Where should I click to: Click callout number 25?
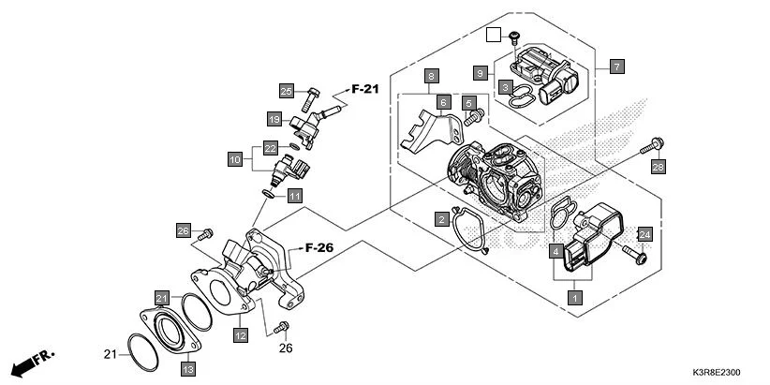click(x=287, y=91)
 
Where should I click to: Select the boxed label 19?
click(x=274, y=119)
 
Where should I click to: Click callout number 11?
click(x=295, y=196)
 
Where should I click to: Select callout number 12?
click(x=241, y=334)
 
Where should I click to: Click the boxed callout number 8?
click(x=431, y=75)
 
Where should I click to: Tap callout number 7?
click(x=616, y=67)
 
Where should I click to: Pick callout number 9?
click(x=480, y=72)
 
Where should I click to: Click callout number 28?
click(x=658, y=167)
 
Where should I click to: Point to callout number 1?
click(x=574, y=297)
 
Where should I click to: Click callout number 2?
click(x=440, y=218)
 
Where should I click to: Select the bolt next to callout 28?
click(x=653, y=146)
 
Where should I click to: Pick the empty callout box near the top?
click(x=496, y=36)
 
